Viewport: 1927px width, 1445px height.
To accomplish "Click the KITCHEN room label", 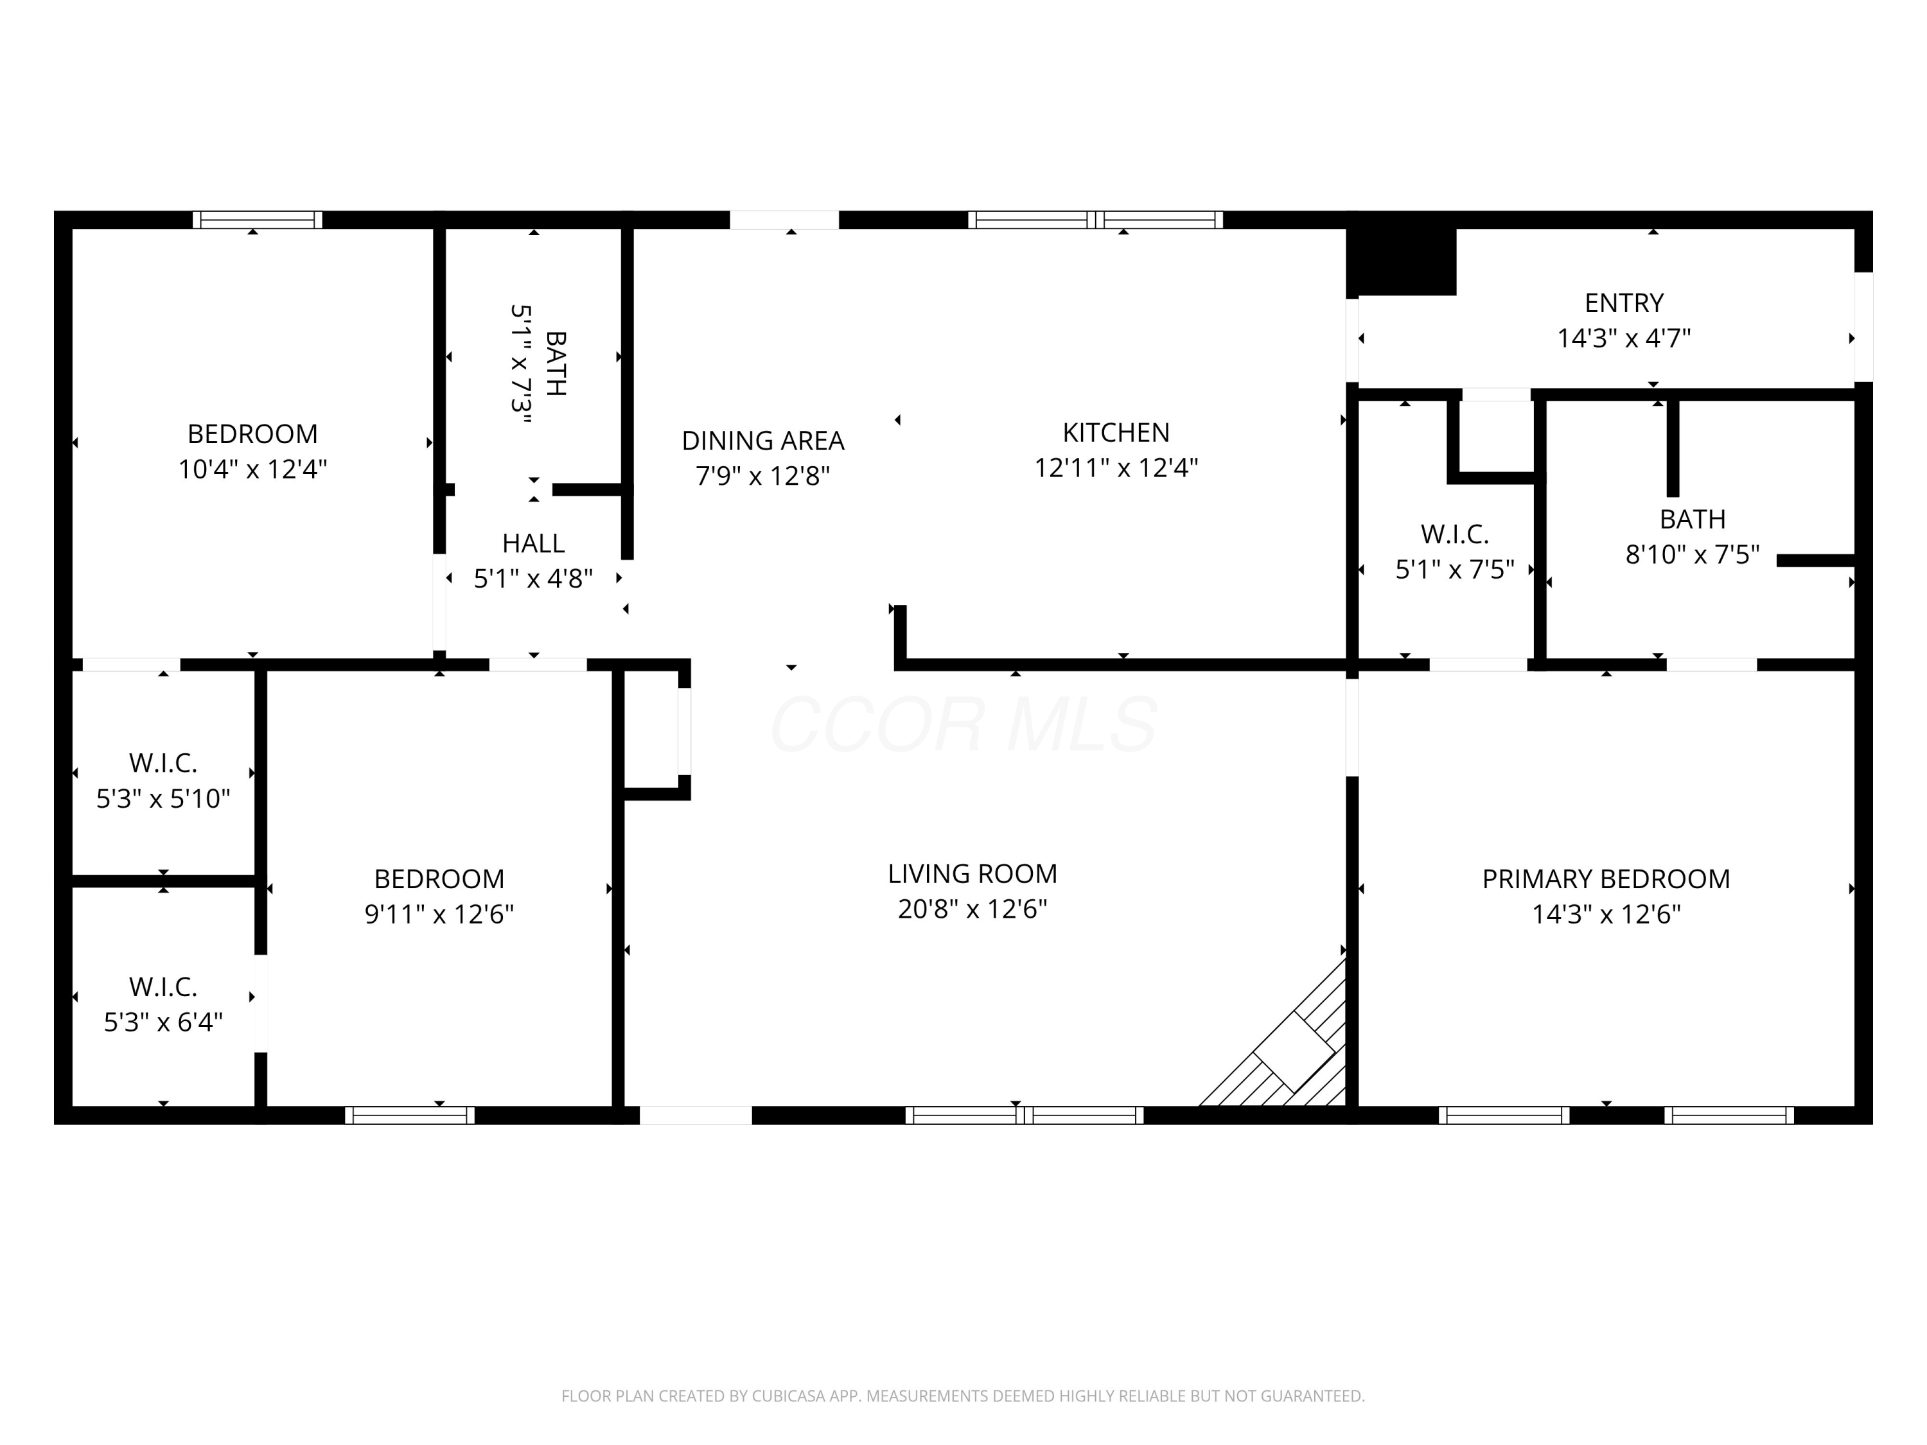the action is point(1116,432).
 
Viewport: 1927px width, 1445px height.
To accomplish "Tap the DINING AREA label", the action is point(763,441).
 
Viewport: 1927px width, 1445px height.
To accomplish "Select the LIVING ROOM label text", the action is point(972,873).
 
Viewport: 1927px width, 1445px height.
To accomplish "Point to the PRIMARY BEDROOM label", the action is point(1606,879).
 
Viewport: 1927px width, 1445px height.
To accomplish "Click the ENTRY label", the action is point(1624,303).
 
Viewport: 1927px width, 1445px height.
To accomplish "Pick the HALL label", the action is point(533,543).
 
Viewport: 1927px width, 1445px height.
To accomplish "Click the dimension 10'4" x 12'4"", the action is point(252,469).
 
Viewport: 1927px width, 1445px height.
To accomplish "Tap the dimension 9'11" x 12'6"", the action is point(439,915).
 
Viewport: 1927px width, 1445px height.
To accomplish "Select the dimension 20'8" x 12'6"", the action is point(972,909).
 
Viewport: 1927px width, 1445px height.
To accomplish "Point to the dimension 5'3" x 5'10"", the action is point(163,799).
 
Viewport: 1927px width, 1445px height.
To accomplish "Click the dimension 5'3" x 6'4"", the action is point(163,1022).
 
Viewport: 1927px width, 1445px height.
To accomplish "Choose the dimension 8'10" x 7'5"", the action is point(1693,555).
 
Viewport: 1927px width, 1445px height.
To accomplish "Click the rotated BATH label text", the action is point(556,363).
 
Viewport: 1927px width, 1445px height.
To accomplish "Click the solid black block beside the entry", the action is point(1402,262).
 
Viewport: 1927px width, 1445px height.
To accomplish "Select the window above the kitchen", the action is point(1095,220).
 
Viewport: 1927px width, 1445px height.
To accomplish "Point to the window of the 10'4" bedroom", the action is point(257,220).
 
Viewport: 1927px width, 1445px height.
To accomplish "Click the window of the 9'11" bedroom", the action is point(409,1116).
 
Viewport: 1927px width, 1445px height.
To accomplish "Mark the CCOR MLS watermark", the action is point(963,724).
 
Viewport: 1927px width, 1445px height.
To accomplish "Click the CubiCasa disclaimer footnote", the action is point(963,1396).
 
